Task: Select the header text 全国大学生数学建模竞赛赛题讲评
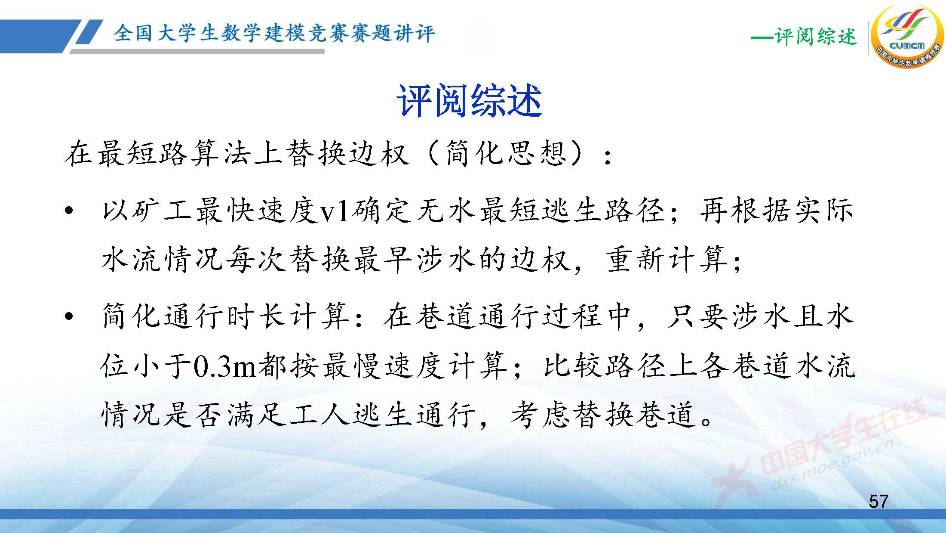coord(274,33)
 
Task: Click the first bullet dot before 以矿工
coord(68,212)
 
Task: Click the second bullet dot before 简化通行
coord(68,317)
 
